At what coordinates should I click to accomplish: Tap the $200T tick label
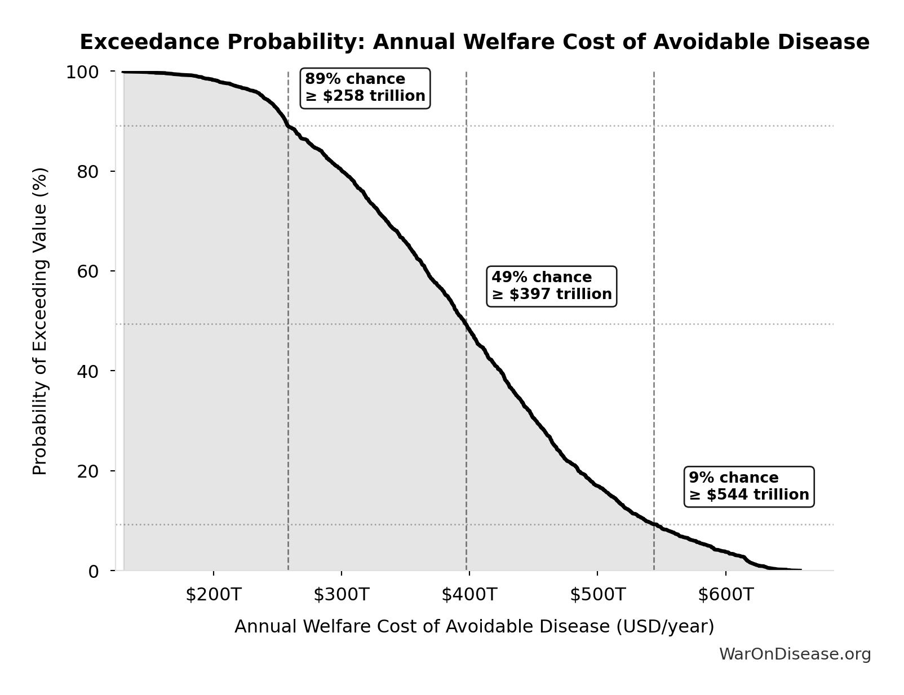tap(214, 595)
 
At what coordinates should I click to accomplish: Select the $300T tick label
tap(342, 595)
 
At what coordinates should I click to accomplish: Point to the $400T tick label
tap(469, 595)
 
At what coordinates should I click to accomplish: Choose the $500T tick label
tap(597, 595)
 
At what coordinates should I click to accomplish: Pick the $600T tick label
tap(725, 595)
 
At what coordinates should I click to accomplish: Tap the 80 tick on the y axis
tap(88, 172)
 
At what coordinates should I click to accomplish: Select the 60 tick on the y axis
tap(88, 271)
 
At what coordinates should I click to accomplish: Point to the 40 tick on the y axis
tap(88, 371)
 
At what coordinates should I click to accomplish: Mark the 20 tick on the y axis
tap(88, 471)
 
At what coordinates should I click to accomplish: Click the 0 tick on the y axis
tap(94, 571)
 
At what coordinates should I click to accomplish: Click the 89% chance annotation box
tap(365, 88)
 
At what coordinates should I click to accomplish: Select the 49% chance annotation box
tap(552, 286)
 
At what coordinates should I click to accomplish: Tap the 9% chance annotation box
tap(749, 487)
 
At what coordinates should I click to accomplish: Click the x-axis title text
tap(474, 627)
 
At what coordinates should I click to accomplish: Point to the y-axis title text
tap(40, 321)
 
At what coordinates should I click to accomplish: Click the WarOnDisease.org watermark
tap(795, 654)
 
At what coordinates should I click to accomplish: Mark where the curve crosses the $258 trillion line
tap(289, 126)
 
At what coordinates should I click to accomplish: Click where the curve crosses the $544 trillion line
tap(654, 524)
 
